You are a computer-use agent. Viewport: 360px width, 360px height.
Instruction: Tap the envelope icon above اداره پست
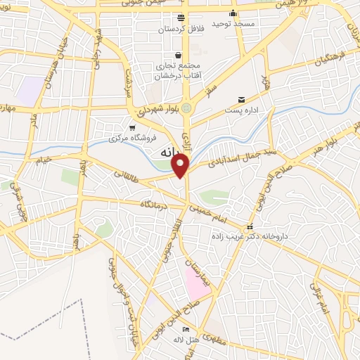(x=242, y=100)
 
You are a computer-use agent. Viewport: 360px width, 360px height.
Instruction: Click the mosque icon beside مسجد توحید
(x=233, y=13)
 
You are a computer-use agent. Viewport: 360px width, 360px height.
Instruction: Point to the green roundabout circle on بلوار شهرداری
(x=186, y=108)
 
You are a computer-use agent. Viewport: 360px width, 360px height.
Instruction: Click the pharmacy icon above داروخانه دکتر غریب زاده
(x=250, y=227)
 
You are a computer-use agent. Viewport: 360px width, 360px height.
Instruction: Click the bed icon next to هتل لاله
(x=186, y=329)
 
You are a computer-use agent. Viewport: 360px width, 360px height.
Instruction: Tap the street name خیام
(x=44, y=162)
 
